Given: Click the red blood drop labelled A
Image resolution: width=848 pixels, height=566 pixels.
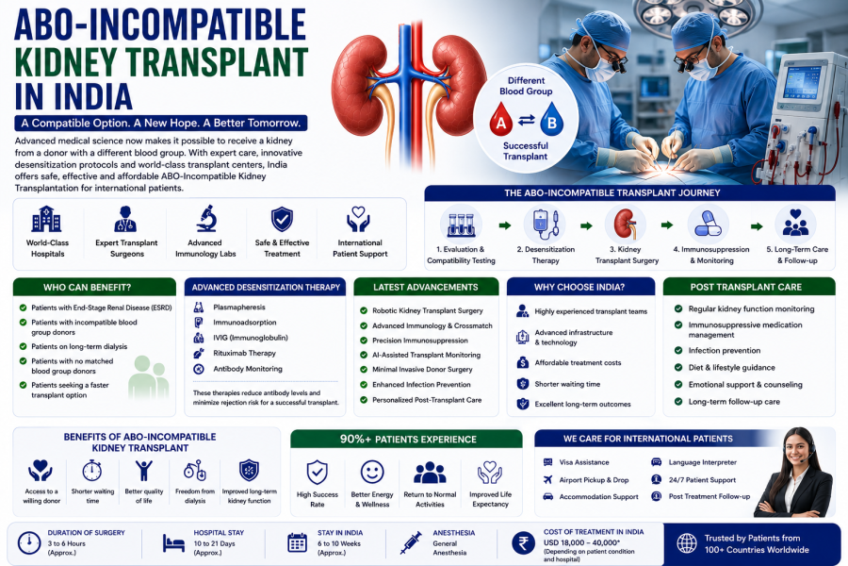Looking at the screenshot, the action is [x=501, y=120].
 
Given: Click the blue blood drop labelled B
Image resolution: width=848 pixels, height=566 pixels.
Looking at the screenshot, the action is [x=551, y=120].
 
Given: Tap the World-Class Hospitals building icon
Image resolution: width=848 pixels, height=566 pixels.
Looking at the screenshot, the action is [x=46, y=219].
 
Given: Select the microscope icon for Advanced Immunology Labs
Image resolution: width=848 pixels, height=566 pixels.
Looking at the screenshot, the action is [x=206, y=219].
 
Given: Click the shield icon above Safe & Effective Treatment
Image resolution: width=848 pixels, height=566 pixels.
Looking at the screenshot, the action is [x=282, y=220].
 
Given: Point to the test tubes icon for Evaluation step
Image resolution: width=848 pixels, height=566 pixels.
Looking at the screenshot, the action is [x=462, y=225].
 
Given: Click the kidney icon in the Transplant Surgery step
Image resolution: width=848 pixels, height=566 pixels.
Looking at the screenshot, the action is [x=626, y=224].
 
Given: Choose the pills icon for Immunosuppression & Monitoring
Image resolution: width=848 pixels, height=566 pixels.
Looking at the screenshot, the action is [x=708, y=224].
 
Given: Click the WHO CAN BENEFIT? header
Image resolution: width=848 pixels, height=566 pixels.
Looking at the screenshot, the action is [x=87, y=288].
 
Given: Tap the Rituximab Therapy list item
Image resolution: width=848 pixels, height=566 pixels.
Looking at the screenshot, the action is [x=244, y=353].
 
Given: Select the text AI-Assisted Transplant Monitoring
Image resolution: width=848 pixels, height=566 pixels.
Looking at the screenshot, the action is [x=426, y=355].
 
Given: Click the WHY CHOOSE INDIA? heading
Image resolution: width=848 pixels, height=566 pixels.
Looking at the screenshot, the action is [x=579, y=287].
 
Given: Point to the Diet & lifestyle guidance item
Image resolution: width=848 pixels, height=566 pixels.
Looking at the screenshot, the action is [x=732, y=367].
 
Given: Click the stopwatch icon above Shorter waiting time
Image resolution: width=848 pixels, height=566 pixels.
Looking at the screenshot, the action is [x=92, y=471].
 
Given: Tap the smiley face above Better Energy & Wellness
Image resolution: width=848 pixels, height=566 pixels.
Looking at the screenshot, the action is [x=372, y=472].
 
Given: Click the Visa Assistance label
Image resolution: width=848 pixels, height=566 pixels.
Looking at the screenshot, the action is [x=584, y=462].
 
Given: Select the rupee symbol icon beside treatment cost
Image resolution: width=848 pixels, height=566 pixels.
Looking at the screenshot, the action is [x=523, y=542].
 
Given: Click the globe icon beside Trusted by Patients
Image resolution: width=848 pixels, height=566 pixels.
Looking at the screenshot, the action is [x=687, y=543].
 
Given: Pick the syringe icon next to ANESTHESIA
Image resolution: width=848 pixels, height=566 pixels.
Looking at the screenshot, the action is [x=411, y=542].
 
